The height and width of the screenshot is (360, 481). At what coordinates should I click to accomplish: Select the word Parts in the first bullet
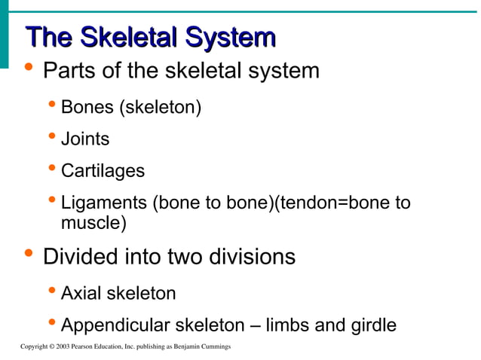67,72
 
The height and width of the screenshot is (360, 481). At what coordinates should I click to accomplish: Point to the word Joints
84,139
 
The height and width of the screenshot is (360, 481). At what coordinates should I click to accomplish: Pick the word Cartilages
103,172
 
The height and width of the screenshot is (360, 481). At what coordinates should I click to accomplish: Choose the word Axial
80,293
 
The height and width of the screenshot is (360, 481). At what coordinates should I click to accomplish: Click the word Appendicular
115,326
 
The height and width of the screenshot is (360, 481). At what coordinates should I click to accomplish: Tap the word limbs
288,326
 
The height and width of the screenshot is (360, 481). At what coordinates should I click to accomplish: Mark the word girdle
371,326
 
